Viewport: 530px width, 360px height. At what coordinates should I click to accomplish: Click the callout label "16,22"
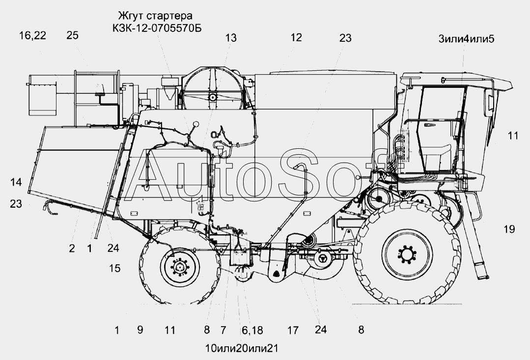[x=32, y=35]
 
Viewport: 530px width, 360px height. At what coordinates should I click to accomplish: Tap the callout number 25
[x=72, y=35]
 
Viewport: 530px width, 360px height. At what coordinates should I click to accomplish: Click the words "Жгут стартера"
[x=155, y=16]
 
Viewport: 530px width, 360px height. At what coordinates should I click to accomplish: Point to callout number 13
[x=231, y=38]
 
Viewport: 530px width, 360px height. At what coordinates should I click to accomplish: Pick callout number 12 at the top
[x=296, y=37]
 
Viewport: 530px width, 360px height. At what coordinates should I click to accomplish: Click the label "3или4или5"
[x=467, y=39]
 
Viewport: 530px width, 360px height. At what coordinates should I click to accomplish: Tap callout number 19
[x=509, y=229]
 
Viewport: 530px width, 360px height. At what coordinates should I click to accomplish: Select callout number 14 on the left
[x=16, y=182]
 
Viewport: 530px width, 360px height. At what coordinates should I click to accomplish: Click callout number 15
[x=114, y=268]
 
